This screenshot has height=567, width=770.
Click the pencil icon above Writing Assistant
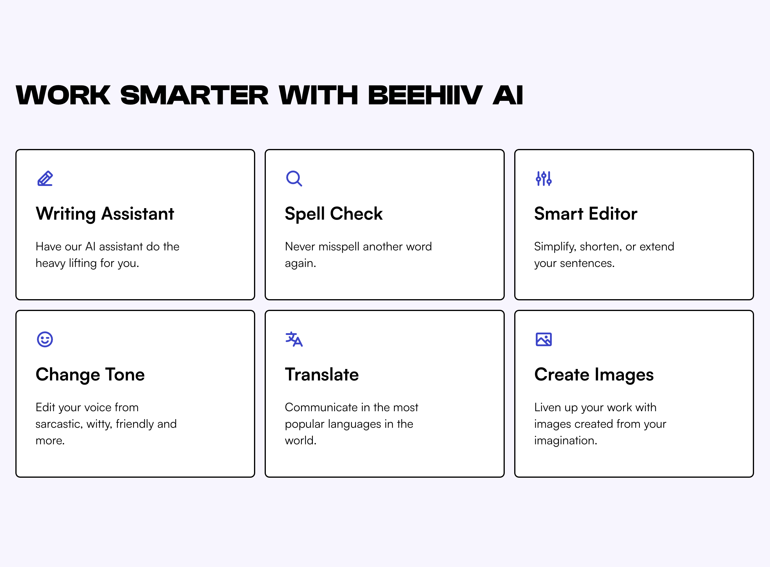pyautogui.click(x=45, y=179)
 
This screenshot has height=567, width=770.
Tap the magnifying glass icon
pyautogui.click(x=294, y=179)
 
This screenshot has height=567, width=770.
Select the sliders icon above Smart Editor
pyautogui.click(x=544, y=179)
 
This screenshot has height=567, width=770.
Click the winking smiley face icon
pyautogui.click(x=45, y=339)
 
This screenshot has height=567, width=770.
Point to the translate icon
pyautogui.click(x=294, y=339)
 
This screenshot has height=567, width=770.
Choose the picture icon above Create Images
pyautogui.click(x=544, y=339)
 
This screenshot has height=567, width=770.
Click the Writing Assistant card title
pyautogui.click(x=105, y=214)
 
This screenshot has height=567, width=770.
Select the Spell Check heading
pyautogui.click(x=333, y=214)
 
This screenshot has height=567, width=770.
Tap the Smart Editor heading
pyautogui.click(x=586, y=214)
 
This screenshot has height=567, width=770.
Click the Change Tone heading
pyautogui.click(x=90, y=375)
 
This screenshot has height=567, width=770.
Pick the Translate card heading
pyautogui.click(x=322, y=375)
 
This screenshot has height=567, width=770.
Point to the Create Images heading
pyautogui.click(x=594, y=375)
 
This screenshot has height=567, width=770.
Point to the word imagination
pyautogui.click(x=565, y=441)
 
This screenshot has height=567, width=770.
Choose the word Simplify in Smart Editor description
pyautogui.click(x=555, y=247)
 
